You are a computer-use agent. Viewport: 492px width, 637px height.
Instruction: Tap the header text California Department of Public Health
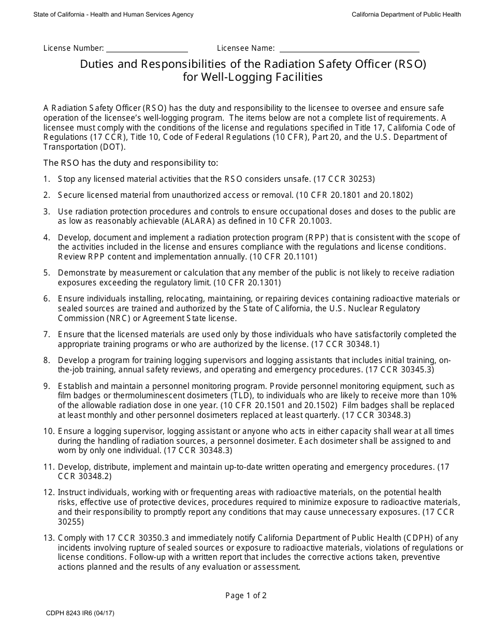[406, 15]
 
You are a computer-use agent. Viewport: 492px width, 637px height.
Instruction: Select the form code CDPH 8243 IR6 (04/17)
[80, 613]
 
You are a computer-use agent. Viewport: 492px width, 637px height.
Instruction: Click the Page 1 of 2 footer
[246, 595]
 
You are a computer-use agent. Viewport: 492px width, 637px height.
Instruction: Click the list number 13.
[49, 538]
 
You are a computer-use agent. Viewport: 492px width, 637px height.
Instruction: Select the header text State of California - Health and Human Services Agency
[113, 15]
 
